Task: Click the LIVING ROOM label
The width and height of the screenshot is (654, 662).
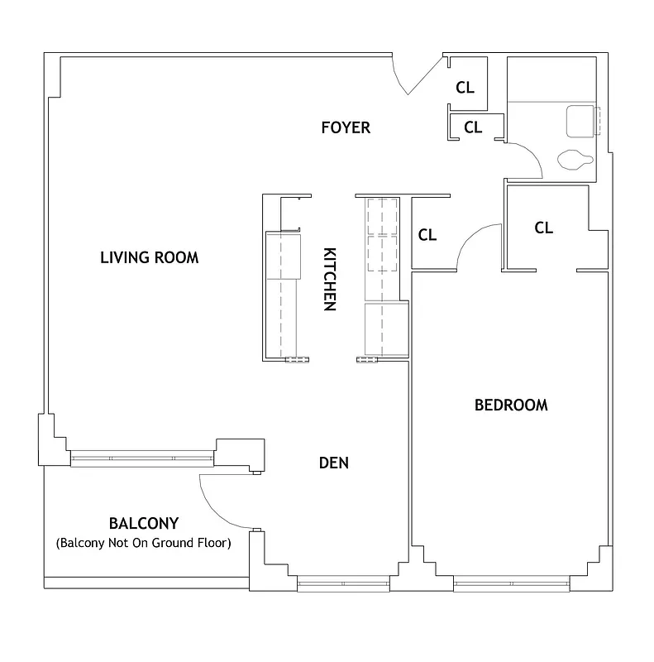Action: (149, 257)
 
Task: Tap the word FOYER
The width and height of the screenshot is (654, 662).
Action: (346, 127)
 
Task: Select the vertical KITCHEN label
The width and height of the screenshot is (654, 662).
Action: (328, 279)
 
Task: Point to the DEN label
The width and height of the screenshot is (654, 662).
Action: (334, 463)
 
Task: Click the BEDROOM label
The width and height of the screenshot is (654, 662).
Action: (511, 405)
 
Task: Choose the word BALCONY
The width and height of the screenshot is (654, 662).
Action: (144, 524)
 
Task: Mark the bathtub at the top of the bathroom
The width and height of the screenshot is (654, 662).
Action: (550, 79)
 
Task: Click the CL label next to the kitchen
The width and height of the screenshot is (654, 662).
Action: (427, 235)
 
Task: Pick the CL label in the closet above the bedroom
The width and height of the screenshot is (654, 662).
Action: (543, 228)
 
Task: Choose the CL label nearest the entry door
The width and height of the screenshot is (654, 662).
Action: (465, 87)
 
